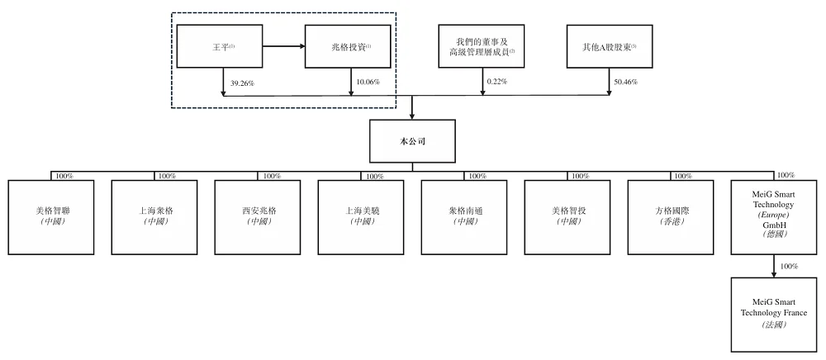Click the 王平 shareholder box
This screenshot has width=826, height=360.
click(x=220, y=47)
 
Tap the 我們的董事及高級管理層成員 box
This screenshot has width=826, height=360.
click(x=483, y=47)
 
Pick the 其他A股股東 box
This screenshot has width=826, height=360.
click(x=610, y=47)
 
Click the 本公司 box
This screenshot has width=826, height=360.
click(x=412, y=141)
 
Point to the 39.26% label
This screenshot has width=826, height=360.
click(x=242, y=83)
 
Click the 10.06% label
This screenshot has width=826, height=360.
click(x=368, y=83)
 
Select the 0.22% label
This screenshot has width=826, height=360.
click(x=497, y=83)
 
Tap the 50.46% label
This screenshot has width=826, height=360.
click(x=627, y=83)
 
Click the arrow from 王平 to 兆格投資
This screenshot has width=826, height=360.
click(x=284, y=47)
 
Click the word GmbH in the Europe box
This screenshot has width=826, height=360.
click(x=774, y=225)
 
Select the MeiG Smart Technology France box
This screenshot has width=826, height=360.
click(x=774, y=315)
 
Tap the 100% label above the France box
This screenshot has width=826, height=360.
click(x=789, y=267)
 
